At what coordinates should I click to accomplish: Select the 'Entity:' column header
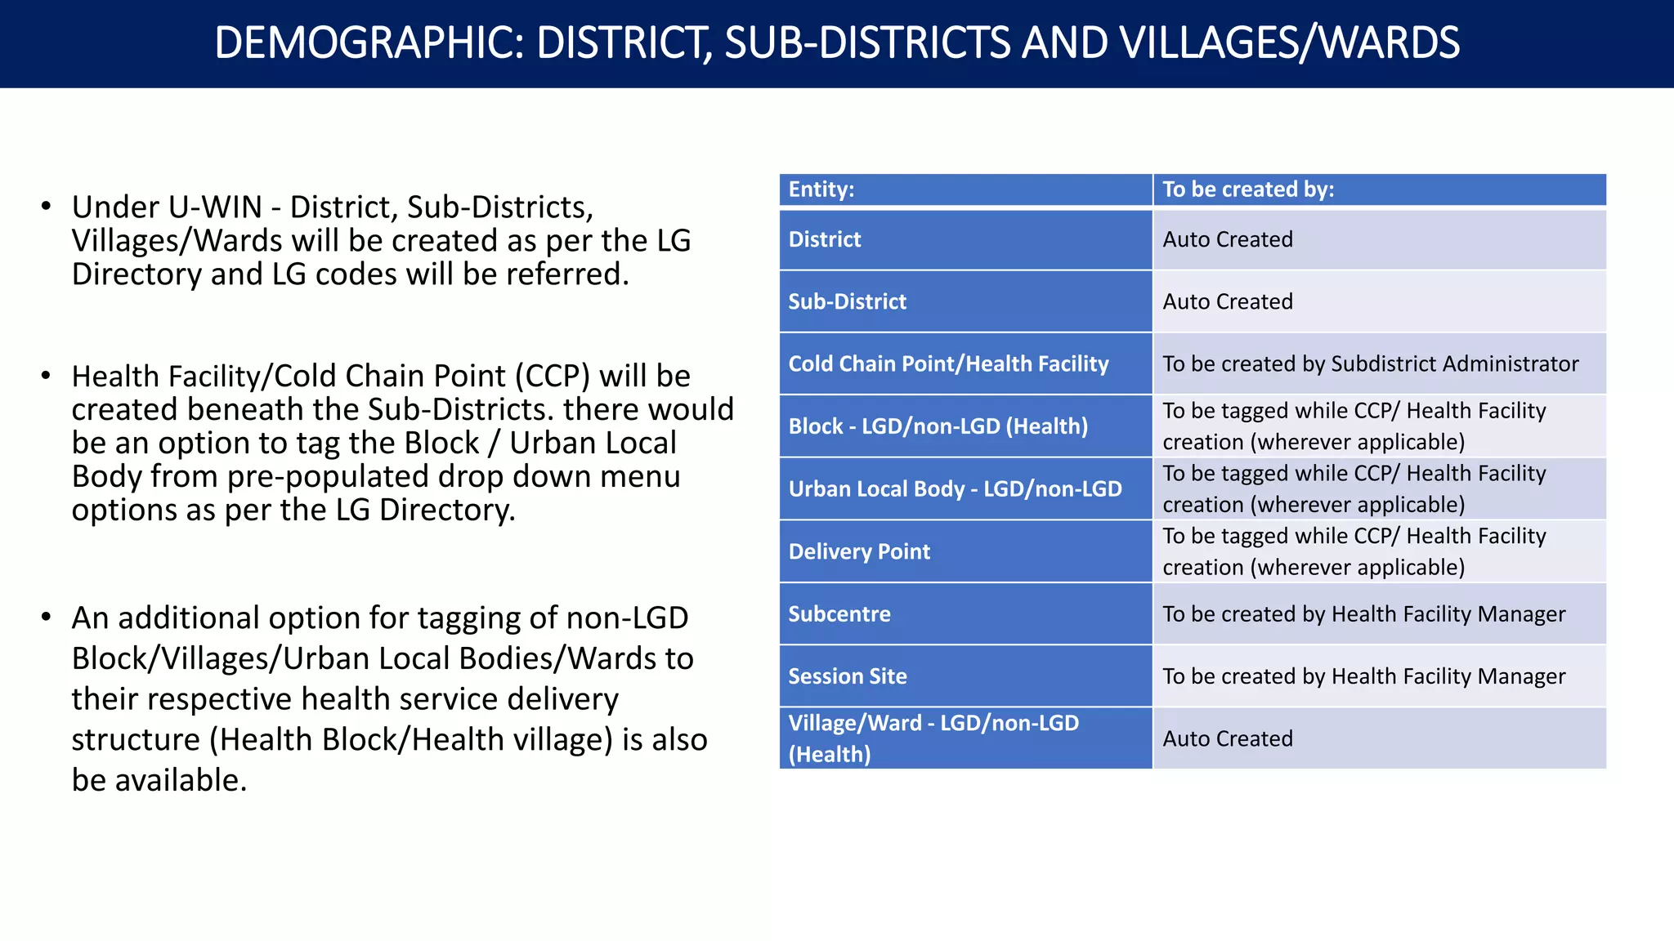(821, 190)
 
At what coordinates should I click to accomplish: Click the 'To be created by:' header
(1248, 190)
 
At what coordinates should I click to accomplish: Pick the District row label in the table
(824, 239)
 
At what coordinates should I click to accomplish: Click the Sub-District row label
(847, 301)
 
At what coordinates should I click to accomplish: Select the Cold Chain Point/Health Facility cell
(948, 363)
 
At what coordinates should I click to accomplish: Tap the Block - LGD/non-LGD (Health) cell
(938, 426)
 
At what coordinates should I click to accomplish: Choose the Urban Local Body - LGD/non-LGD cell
(955, 488)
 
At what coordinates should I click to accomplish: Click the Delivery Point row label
(859, 551)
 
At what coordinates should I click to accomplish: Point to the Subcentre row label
(839, 613)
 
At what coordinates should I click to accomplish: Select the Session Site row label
(848, 676)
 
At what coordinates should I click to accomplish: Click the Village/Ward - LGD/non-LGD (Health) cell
(933, 738)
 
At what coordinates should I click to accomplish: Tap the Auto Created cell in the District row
(1228, 239)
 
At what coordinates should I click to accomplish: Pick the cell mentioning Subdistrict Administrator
(1371, 363)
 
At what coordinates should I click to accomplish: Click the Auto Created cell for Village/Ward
(1228, 738)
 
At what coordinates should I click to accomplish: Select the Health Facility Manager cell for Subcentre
(1364, 613)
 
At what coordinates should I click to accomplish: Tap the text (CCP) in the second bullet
(552, 377)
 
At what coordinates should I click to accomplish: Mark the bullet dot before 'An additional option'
(47, 617)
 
